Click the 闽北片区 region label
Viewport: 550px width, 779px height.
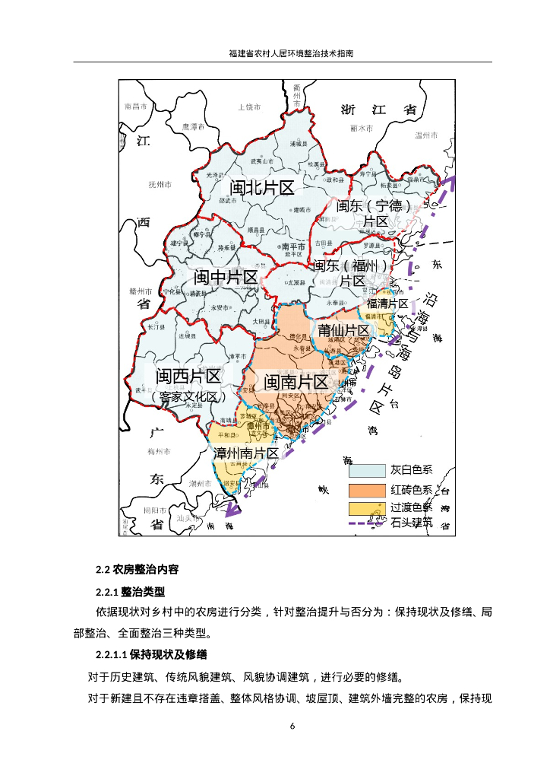[261, 188]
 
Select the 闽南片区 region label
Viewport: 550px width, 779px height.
[296, 382]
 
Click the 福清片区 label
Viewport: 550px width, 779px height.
[387, 304]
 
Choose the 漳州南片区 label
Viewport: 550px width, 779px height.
[246, 453]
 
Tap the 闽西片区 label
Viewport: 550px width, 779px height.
[188, 376]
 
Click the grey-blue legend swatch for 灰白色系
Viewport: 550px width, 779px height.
[367, 472]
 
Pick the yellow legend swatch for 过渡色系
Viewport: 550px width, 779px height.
[367, 507]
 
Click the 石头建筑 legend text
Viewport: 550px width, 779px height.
[411, 523]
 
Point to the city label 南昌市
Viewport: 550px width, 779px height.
[135, 107]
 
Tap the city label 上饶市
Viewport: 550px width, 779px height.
[250, 107]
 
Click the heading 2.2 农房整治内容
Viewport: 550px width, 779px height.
[137, 570]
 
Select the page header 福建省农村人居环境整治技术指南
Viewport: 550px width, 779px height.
[292, 54]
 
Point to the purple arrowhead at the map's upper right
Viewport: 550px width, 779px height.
[450, 183]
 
